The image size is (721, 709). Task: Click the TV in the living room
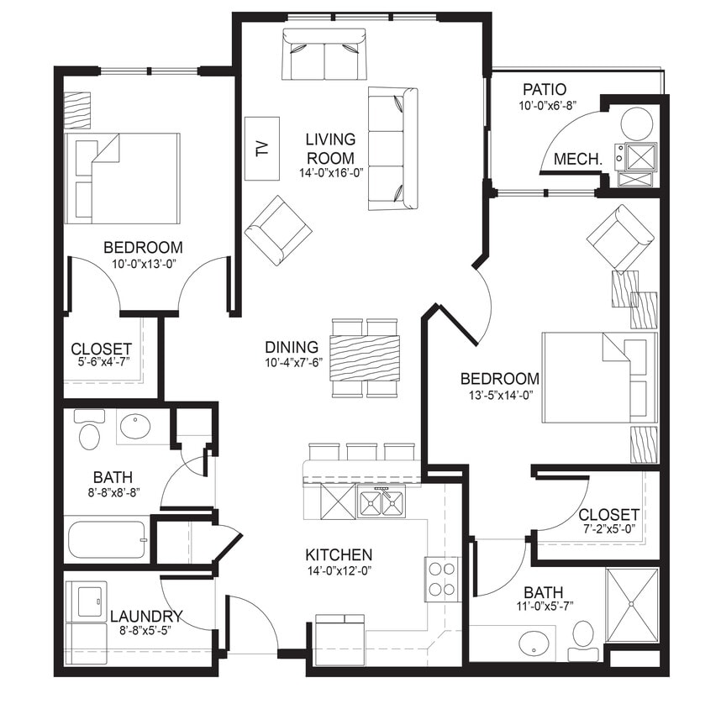tap(261, 149)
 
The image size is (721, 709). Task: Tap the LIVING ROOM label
tap(330, 148)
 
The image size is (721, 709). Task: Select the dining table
tap(365, 357)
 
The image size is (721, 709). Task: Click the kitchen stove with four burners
tap(442, 579)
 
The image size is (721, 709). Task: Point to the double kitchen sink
tap(381, 503)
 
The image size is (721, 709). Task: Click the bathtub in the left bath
tap(107, 540)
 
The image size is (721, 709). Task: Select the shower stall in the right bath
tap(631, 605)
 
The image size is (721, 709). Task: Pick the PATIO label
tap(544, 89)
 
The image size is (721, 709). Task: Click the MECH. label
tap(577, 159)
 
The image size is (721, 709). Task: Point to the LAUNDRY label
tap(146, 616)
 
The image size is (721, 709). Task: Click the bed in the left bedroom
tap(123, 178)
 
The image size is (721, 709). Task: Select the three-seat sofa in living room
tap(392, 149)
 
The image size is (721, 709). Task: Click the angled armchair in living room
tap(277, 229)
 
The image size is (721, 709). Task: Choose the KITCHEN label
tap(338, 554)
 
